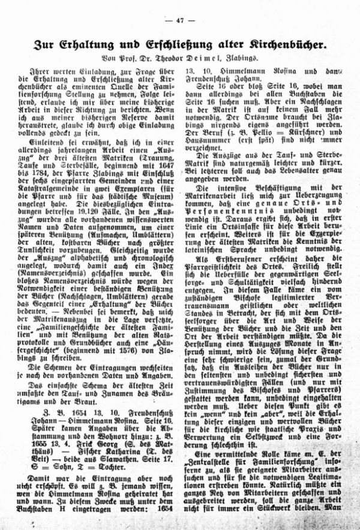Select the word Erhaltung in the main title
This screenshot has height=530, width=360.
tap(94, 44)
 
